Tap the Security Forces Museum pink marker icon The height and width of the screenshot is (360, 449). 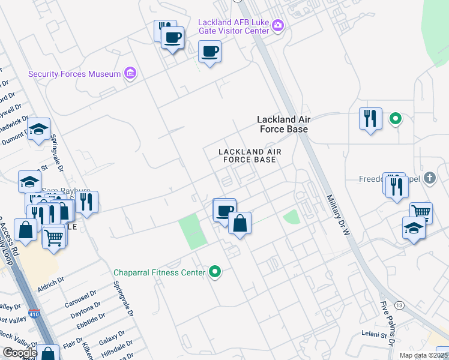tap(130, 74)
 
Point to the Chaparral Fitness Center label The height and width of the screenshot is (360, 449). tap(160, 272)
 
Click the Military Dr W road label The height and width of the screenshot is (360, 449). tap(337, 214)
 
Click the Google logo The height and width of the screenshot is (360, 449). tap(20, 353)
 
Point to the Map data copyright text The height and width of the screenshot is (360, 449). tap(423, 355)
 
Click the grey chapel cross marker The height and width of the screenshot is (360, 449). tap(429, 178)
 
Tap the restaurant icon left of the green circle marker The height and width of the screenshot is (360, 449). tap(371, 118)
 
